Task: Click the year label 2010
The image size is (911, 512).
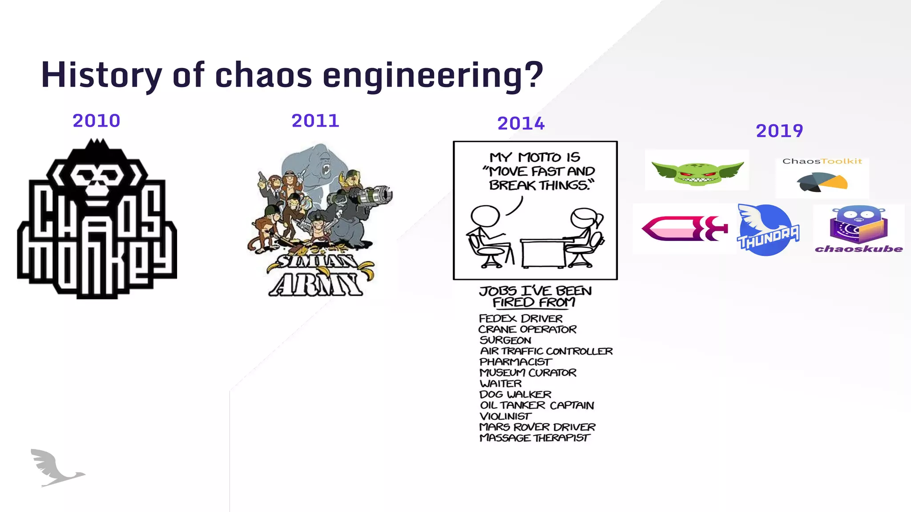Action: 96,121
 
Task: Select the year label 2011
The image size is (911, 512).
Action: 315,121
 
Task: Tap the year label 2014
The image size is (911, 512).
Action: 520,124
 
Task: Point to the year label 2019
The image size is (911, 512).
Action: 779,131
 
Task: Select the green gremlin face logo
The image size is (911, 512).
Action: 697,172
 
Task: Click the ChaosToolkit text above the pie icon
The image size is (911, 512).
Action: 822,161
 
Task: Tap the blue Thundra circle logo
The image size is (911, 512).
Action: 766,230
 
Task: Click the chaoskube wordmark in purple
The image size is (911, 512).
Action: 859,249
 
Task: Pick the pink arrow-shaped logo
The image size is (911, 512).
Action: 684,228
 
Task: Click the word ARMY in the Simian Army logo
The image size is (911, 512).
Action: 317,285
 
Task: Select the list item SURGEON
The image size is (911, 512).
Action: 505,340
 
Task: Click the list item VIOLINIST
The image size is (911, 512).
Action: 505,416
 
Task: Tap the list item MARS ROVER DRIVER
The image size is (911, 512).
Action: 537,427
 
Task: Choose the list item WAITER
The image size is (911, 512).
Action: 500,384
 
